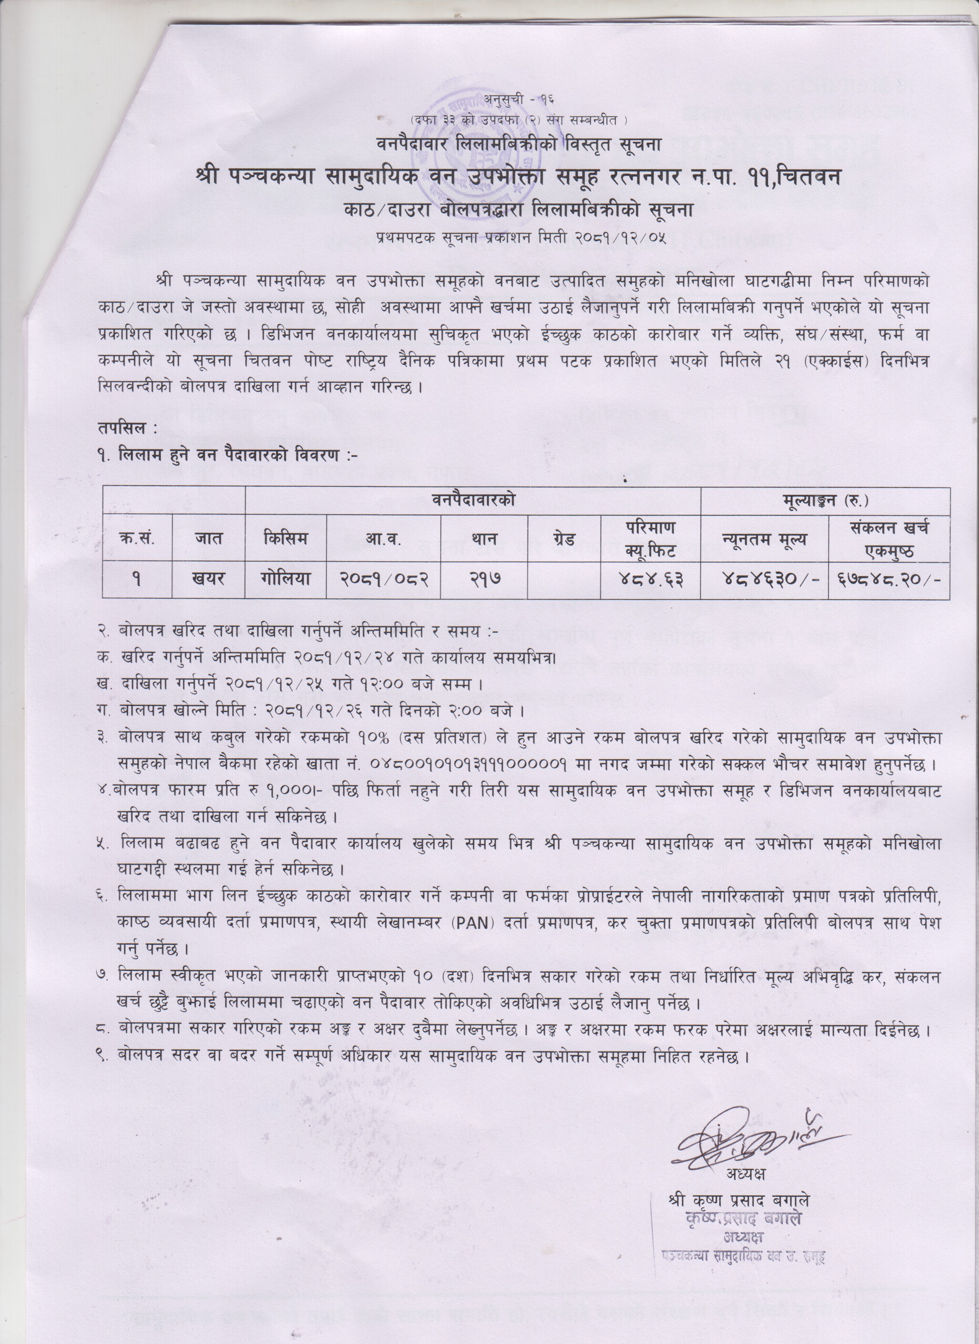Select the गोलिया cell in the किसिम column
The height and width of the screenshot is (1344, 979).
pyautogui.click(x=286, y=579)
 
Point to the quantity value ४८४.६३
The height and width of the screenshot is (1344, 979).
pyautogui.click(x=650, y=579)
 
